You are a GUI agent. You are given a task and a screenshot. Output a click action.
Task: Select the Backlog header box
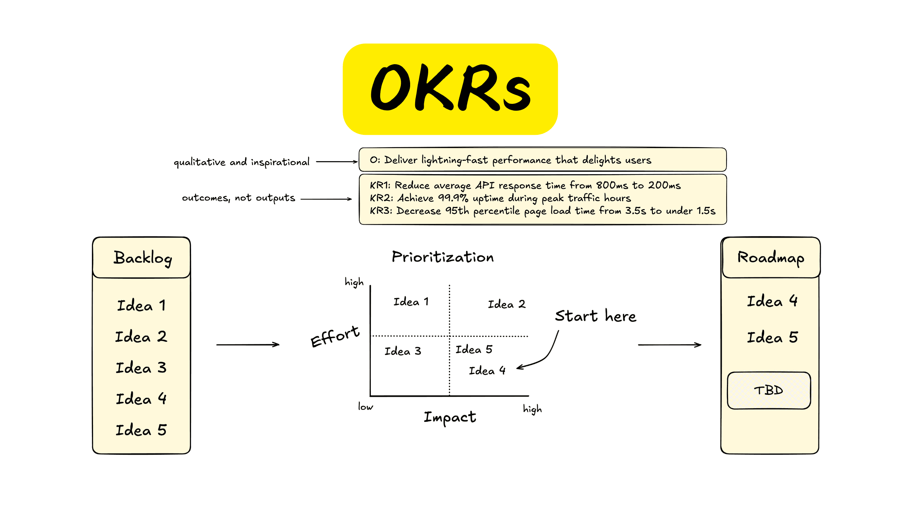coord(142,257)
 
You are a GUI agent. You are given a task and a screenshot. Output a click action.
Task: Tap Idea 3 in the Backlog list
coord(141,368)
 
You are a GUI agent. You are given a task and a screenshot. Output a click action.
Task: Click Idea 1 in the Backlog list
coord(141,305)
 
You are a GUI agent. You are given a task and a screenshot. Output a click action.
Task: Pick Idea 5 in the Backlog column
coord(141,430)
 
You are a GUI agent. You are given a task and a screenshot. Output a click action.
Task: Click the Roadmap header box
coord(771,257)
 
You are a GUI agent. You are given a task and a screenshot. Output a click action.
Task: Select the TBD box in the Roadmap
coord(769,390)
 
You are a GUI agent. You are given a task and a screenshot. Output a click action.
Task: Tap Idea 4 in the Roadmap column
coord(772,301)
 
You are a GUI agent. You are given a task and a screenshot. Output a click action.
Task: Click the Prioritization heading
coord(443,257)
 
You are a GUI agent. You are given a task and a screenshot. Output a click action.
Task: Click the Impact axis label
coord(450,417)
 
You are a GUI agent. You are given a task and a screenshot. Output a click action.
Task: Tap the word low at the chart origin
coord(365,407)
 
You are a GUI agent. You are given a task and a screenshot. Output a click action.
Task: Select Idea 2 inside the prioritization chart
coord(506,304)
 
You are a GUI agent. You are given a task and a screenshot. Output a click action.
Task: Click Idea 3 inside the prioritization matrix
coord(403,351)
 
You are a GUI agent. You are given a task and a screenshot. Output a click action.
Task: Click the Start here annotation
coord(595,316)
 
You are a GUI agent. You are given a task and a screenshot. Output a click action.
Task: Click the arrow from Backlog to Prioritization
coord(248,345)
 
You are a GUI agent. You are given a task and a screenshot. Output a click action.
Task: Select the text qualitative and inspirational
coord(241,162)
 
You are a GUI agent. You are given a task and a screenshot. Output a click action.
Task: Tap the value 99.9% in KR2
coord(453,198)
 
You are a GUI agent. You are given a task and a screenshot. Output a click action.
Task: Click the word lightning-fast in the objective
coord(454,160)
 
